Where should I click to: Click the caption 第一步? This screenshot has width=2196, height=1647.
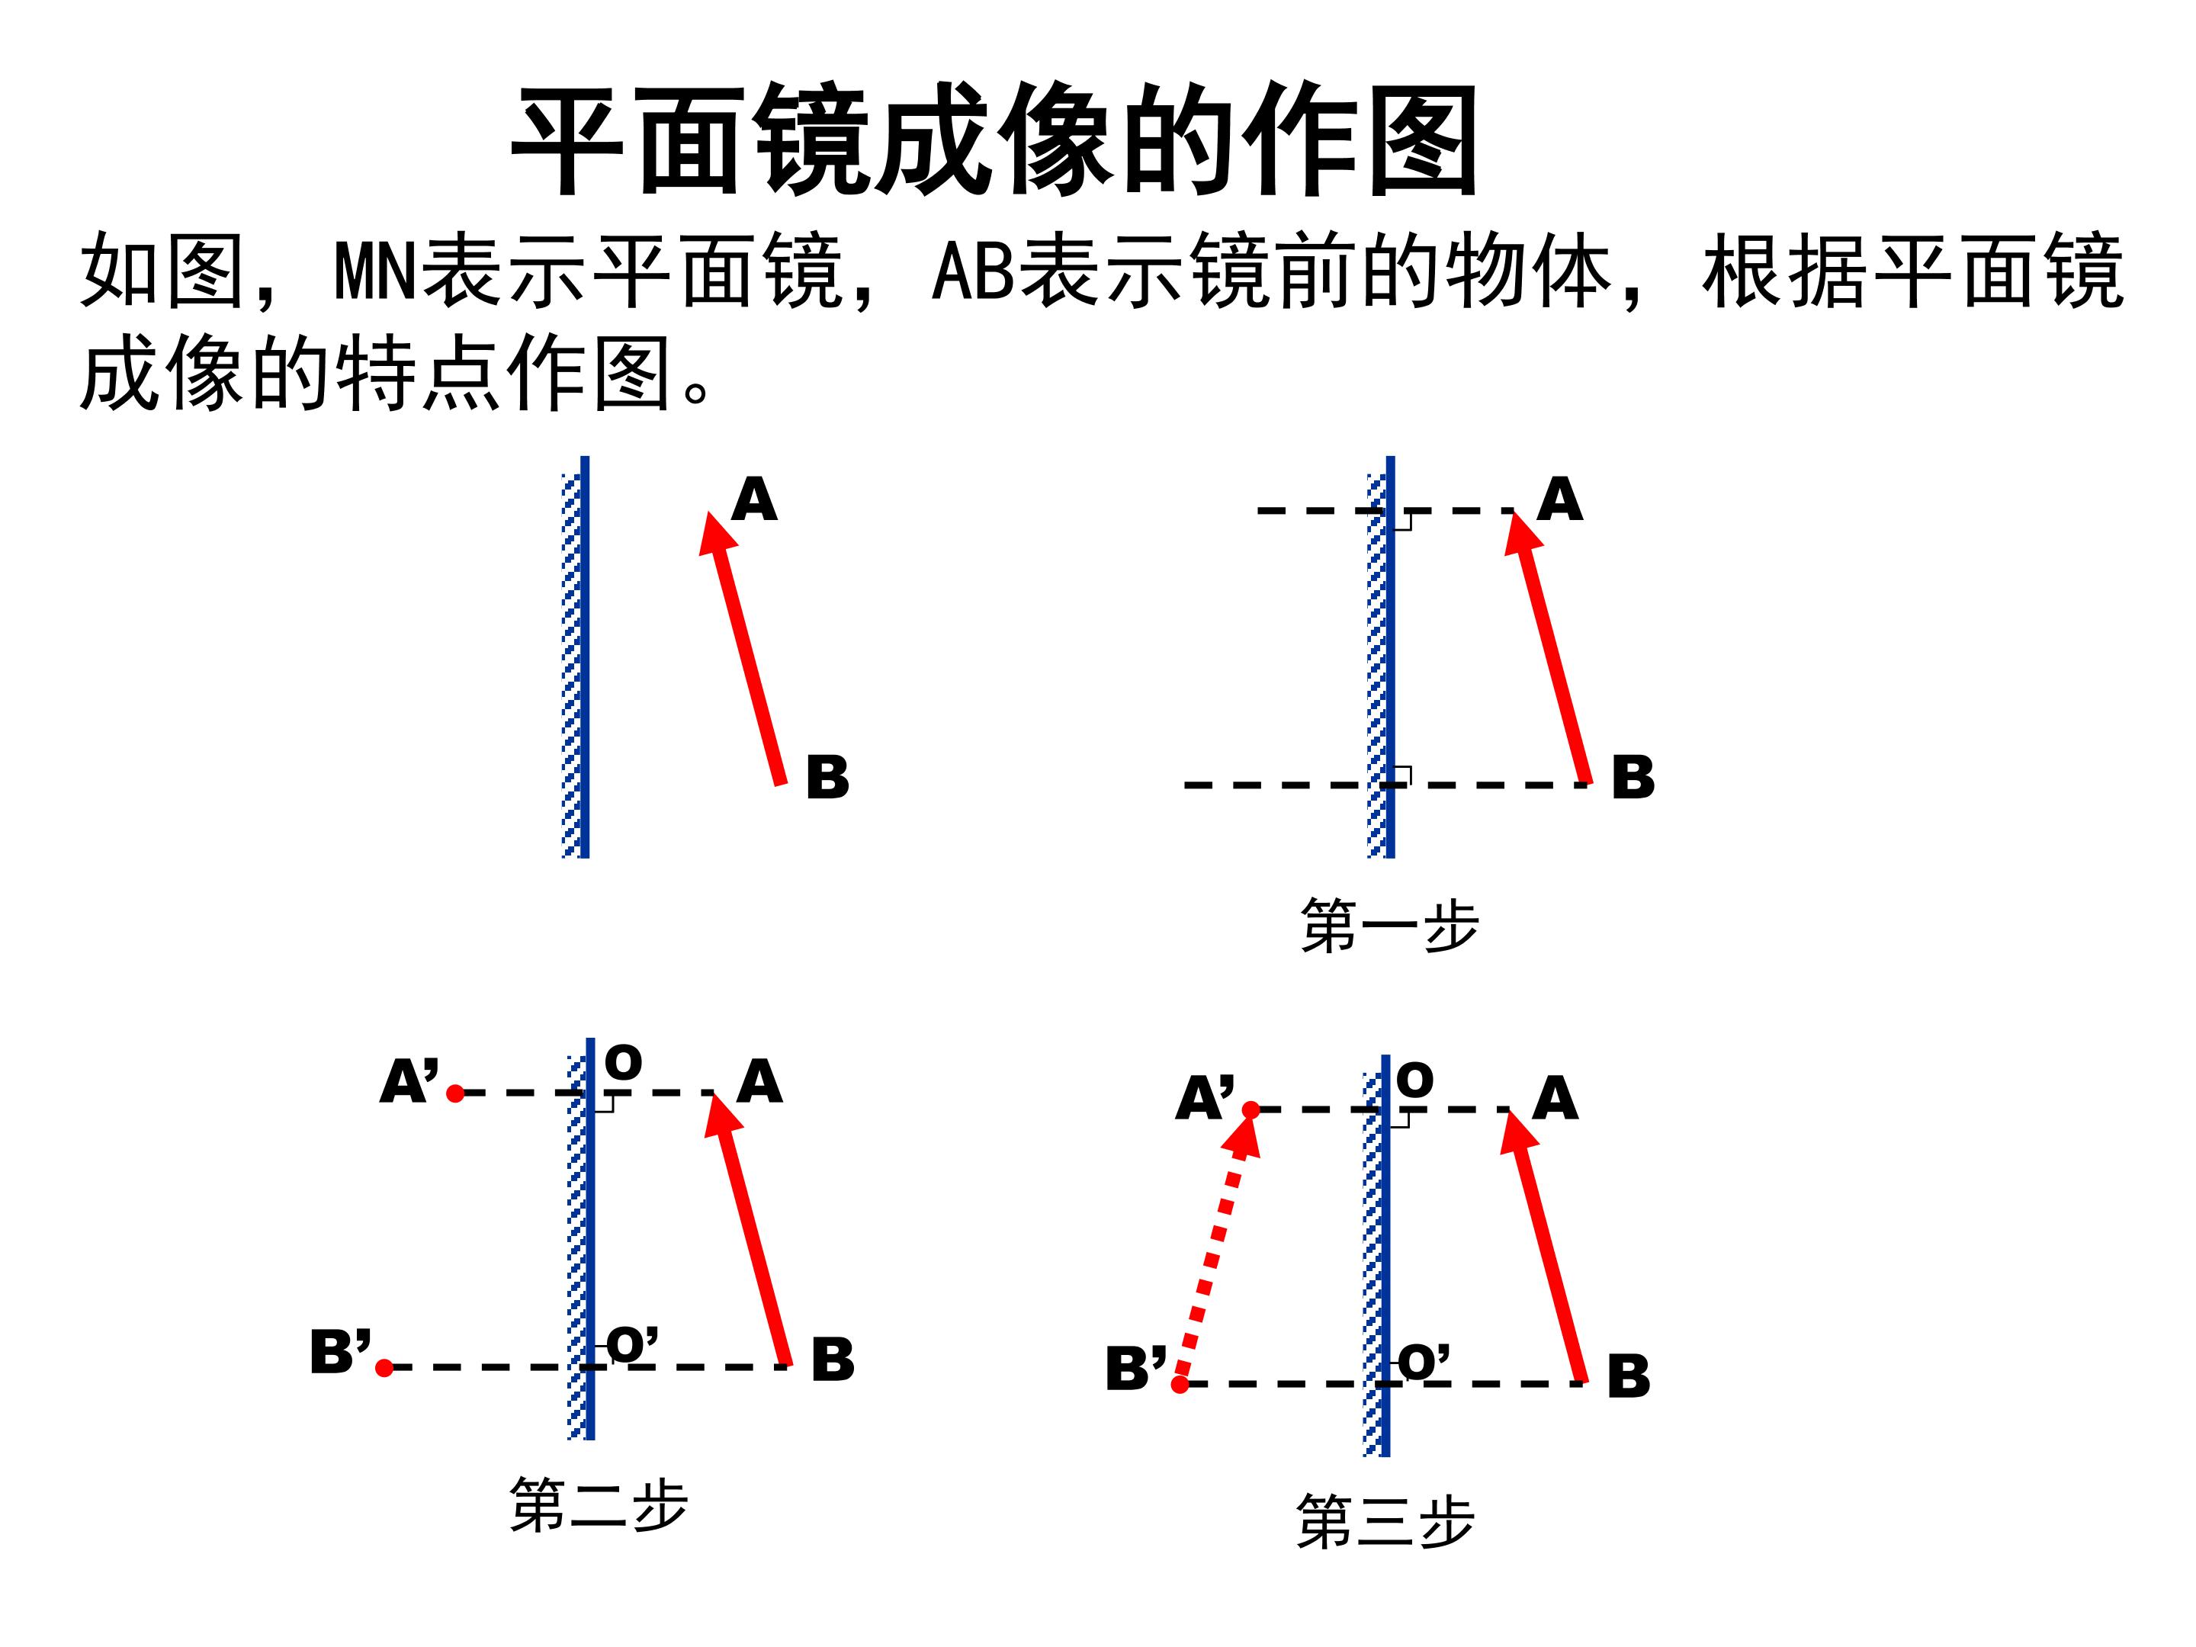(x=1389, y=926)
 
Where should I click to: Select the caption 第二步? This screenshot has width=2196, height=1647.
(x=599, y=1505)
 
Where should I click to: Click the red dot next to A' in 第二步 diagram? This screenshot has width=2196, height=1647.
(x=456, y=1093)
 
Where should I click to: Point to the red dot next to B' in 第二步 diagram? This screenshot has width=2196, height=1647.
(x=385, y=1368)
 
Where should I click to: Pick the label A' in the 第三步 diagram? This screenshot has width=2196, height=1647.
(x=1206, y=1099)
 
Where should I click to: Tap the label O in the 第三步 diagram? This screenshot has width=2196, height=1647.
(x=1414, y=1080)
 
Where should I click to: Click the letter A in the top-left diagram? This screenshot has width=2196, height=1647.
(x=755, y=499)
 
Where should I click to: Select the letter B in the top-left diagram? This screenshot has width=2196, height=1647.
(x=828, y=777)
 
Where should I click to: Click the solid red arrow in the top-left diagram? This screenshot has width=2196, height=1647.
(x=743, y=648)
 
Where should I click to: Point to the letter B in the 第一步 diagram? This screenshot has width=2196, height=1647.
(x=1633, y=777)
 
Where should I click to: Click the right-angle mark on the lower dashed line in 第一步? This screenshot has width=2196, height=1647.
(x=1403, y=775)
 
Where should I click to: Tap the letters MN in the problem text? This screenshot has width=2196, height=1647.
(x=376, y=270)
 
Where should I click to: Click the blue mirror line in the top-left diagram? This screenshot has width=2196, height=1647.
(x=585, y=657)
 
